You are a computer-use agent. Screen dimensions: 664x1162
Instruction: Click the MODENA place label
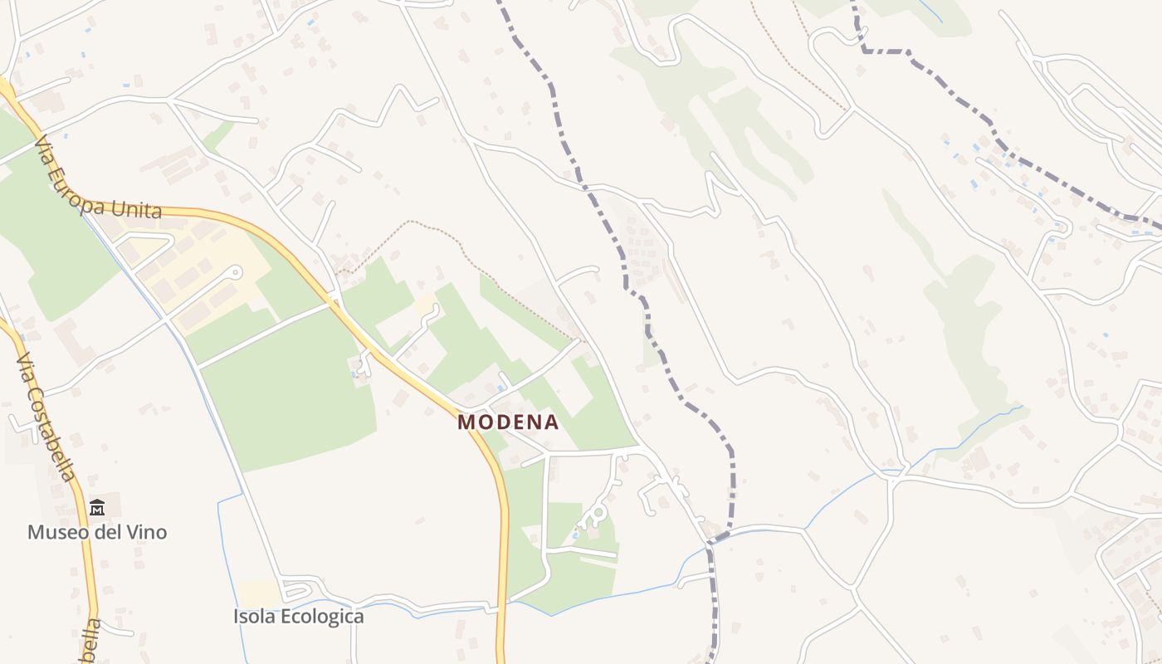508,422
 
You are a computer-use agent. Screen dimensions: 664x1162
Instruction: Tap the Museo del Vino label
97,532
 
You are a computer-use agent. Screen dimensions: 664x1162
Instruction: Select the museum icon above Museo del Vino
97,507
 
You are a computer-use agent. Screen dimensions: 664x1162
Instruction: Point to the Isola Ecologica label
298,617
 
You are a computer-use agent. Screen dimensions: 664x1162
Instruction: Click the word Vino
147,532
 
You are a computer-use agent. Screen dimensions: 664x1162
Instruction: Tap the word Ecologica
322,617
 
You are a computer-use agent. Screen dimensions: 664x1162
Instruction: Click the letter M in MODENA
466,422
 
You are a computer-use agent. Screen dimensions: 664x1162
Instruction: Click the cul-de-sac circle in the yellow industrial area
237,271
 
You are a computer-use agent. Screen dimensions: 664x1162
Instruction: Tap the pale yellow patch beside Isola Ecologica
261,593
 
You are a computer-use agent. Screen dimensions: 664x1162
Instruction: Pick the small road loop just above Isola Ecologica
295,591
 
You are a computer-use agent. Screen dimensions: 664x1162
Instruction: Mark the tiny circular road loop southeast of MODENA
593,516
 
